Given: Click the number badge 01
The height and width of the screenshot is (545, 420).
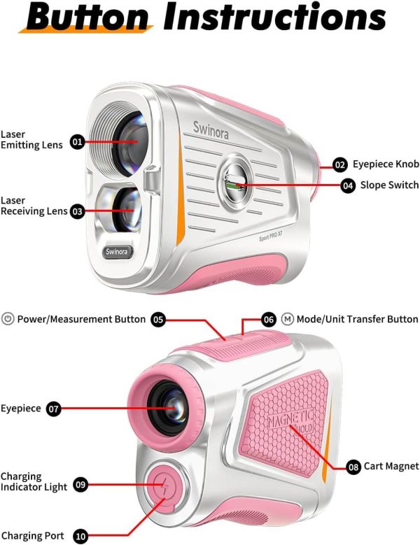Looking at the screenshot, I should coord(78,142).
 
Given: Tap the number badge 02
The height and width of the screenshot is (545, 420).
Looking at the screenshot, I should coord(340,165).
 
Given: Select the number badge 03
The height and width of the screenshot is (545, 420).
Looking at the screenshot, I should coord(78,211).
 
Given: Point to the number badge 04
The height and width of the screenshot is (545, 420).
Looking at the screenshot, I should coord(348,185).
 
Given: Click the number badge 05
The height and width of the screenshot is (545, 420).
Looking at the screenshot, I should coord(158,319).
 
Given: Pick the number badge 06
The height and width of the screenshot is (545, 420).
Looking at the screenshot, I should coord(269,319).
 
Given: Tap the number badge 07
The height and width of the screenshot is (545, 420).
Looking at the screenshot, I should coord(54,409).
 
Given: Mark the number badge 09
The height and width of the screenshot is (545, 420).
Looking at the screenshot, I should coord(80,484).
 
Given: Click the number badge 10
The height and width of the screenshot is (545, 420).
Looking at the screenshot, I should coord(80,537).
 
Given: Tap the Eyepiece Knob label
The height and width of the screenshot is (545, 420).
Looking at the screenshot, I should coord(386,165).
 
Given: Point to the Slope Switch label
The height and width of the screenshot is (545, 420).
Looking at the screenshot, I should coord(389,185).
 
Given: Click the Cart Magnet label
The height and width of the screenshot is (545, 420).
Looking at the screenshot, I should coord(391,466).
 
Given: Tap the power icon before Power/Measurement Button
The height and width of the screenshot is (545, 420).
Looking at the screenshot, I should coord(8,319).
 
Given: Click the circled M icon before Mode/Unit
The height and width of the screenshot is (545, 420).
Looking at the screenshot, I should coord(288,319).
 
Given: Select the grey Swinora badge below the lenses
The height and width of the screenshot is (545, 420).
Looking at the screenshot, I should coord(117,252).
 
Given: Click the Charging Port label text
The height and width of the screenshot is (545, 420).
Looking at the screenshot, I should coord(32,537).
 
